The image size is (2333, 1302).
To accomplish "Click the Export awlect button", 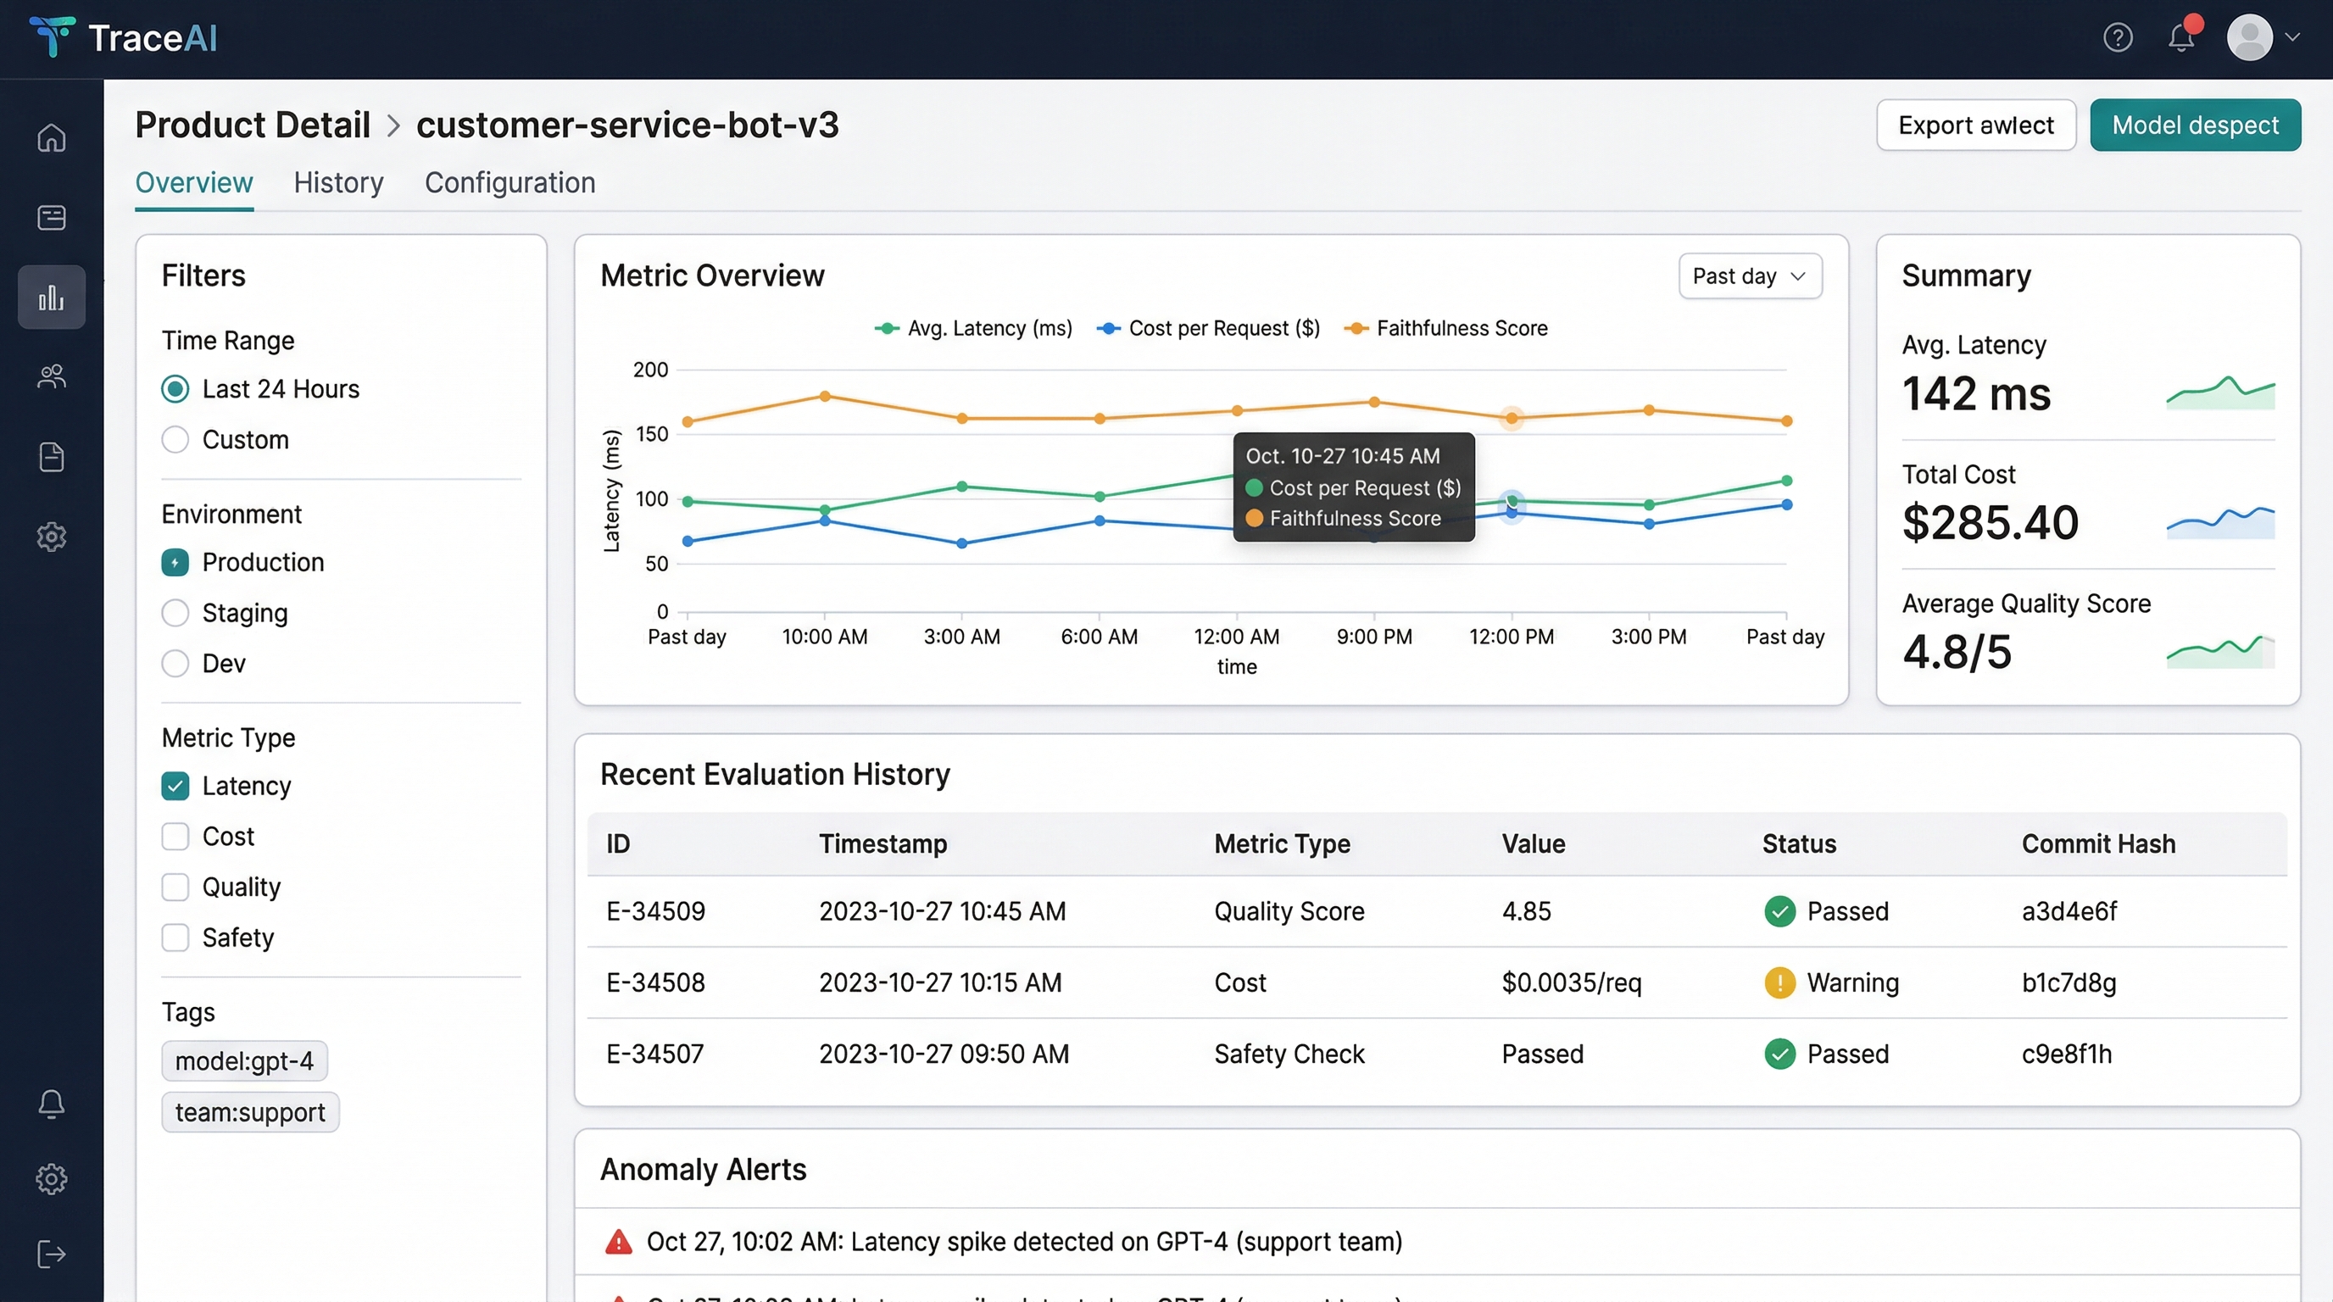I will point(1975,125).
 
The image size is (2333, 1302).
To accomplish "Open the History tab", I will point(337,183).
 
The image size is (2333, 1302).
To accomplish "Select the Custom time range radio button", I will point(175,440).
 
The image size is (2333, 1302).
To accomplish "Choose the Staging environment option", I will point(175,613).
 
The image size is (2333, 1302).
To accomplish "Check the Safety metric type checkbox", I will point(175,938).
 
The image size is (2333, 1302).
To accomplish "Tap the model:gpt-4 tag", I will point(244,1061).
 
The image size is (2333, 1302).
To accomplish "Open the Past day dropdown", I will point(1749,276).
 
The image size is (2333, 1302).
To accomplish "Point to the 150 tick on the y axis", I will point(652,435).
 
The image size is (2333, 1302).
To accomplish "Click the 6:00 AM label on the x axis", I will point(1099,637).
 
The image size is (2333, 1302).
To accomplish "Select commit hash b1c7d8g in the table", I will point(2069,982).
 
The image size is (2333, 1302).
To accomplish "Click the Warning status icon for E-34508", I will point(1779,982).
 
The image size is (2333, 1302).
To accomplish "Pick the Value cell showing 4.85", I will point(1526,911).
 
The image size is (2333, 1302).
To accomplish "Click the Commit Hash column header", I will point(2097,844).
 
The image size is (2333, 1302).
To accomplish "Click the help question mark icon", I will point(2118,38).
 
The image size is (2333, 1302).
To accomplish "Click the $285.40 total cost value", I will point(1990,522).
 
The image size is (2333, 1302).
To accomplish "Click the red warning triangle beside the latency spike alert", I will point(619,1241).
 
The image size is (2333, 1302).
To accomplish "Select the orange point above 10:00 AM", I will point(824,397).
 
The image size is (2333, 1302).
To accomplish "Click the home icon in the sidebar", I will point(52,137).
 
